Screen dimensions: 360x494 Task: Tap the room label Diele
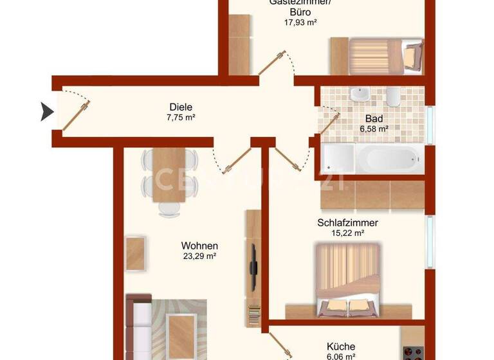[x=181, y=107]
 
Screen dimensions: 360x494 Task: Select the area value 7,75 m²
[x=181, y=118]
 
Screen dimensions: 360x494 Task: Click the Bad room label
[x=374, y=118]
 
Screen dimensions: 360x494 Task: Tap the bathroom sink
[x=358, y=95]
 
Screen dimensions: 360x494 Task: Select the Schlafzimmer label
[x=347, y=223]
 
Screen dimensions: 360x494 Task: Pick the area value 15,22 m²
[x=347, y=233]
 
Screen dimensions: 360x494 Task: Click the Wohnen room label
[x=199, y=246]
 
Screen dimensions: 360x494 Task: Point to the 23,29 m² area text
[x=199, y=256]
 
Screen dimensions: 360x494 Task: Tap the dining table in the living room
[x=170, y=174]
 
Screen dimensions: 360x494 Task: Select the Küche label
[x=341, y=345]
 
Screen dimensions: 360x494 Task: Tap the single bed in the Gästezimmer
[x=376, y=55]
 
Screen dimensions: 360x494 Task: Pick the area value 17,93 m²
[x=300, y=22]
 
